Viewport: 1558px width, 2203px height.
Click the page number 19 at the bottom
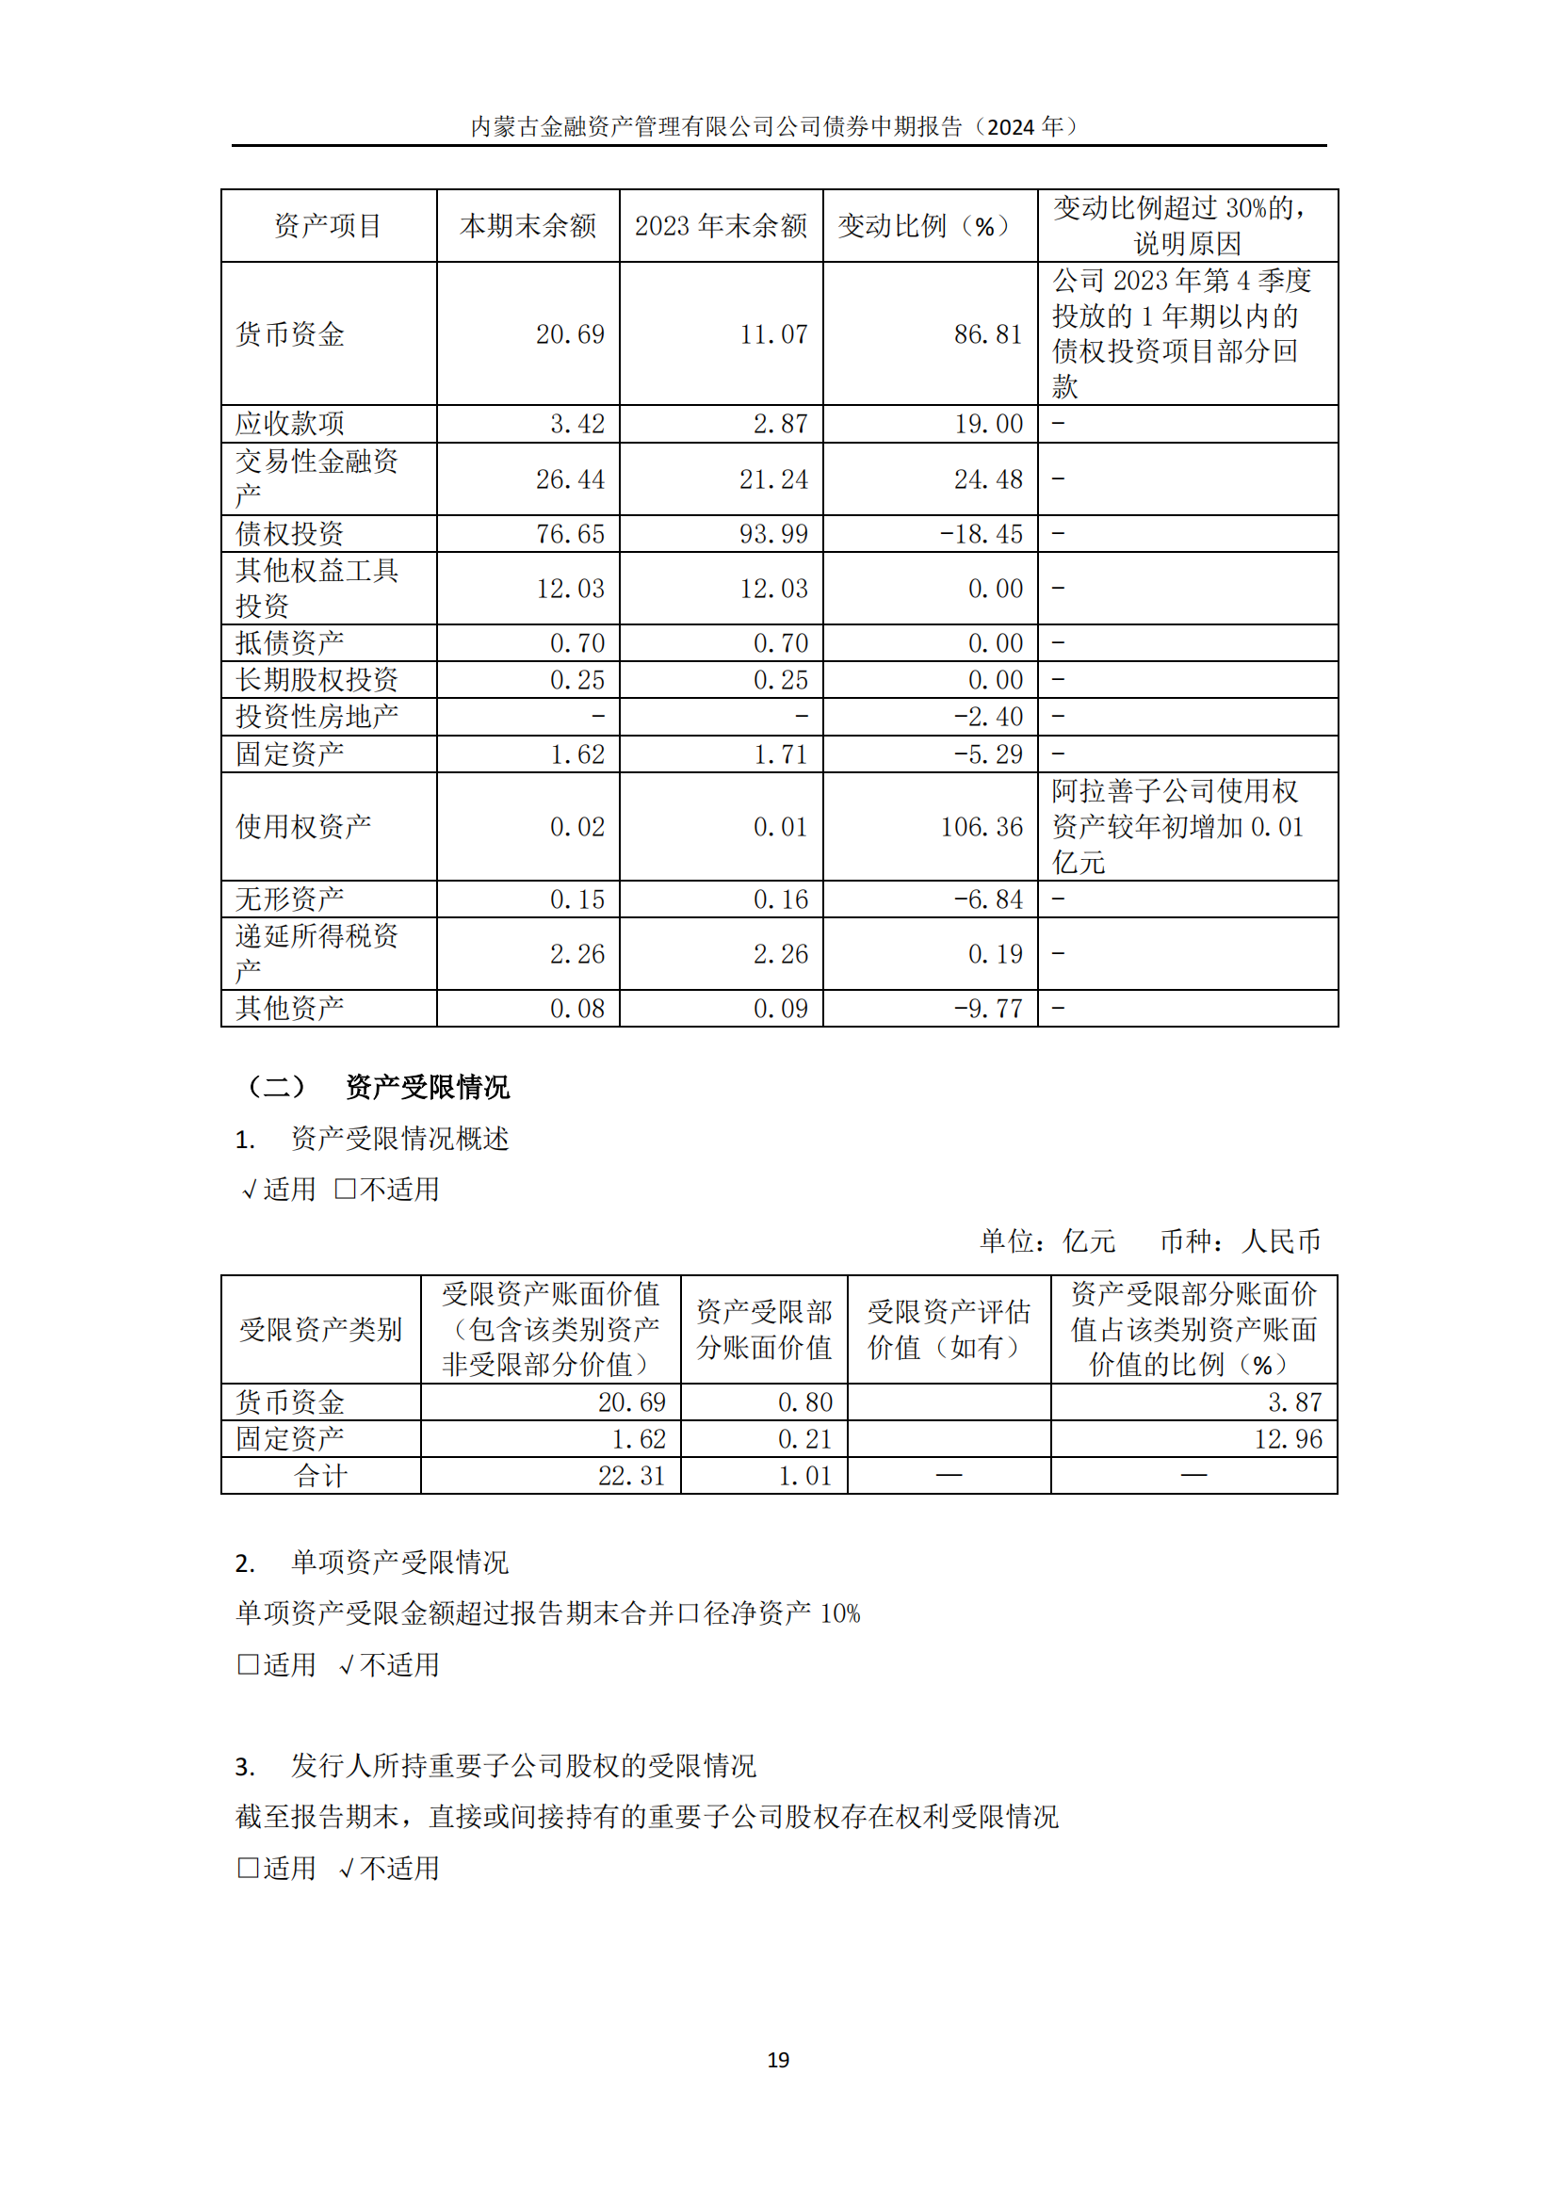778,2059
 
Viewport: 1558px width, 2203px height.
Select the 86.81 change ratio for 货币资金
987,334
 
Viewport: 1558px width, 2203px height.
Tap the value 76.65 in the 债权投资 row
570,533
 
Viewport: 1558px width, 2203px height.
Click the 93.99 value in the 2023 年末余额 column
773,533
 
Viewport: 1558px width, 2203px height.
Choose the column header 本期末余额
527,225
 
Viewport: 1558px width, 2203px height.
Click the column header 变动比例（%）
929,225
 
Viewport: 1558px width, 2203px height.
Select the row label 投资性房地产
316,716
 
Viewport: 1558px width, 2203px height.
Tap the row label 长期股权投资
316,679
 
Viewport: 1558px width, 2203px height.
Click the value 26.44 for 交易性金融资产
570,478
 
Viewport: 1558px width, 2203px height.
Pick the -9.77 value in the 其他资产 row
987,1009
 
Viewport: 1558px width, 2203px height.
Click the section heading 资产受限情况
427,1087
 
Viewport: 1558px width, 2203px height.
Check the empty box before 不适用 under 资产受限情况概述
346,1189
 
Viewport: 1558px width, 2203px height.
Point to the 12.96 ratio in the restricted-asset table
1288,1438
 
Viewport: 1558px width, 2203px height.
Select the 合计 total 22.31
630,1475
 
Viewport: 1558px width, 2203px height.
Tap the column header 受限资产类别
320,1329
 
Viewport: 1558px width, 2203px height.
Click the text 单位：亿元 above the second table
1047,1240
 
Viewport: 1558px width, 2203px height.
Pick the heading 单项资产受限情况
399,1562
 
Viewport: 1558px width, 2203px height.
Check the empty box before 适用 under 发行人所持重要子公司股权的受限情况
248,1867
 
